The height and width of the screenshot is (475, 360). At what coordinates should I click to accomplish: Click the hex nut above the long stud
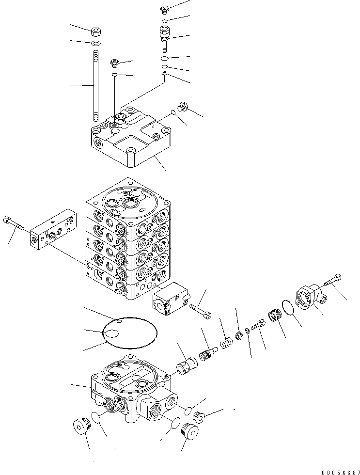[x=96, y=32]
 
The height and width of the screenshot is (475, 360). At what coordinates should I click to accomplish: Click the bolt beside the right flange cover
[x=334, y=280]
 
